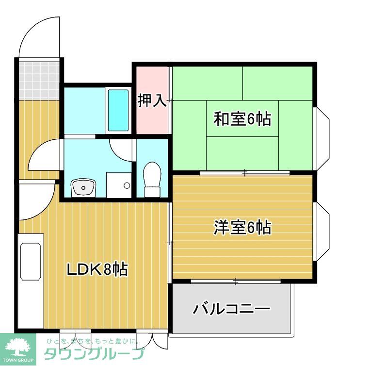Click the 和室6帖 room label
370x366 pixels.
[x=242, y=119]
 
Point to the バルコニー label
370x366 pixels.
[x=231, y=308]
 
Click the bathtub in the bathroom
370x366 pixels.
[x=118, y=110]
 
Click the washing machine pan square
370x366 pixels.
[x=118, y=185]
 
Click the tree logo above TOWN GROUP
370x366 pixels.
[x=18, y=346]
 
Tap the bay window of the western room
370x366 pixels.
[x=322, y=229]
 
